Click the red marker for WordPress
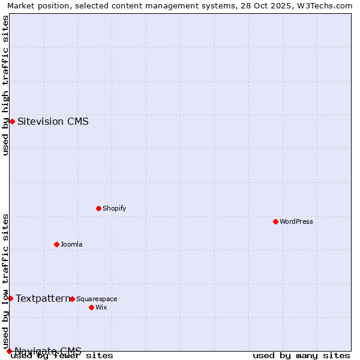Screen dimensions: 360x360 coord(275,221)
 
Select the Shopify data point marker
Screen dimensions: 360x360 coord(98,208)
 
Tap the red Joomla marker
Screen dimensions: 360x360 coord(56,244)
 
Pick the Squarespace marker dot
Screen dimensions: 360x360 coord(72,299)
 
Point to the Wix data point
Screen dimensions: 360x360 coord(91,307)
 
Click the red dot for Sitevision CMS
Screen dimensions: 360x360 coord(12,121)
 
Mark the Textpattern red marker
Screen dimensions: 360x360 coord(10,298)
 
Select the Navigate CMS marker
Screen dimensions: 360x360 coord(9,351)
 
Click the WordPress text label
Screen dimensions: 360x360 coord(296,221)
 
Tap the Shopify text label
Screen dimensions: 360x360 coord(115,208)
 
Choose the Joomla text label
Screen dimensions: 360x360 coord(71,244)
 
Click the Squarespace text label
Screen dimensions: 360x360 coord(97,299)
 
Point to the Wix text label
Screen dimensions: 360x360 coord(101,307)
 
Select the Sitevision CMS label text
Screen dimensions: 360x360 coord(53,121)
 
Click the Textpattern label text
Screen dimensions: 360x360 coord(43,298)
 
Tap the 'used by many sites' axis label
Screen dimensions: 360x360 coord(301,355)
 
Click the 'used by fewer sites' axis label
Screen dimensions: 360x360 coord(62,355)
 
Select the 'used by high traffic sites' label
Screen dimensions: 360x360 coord(5,85)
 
